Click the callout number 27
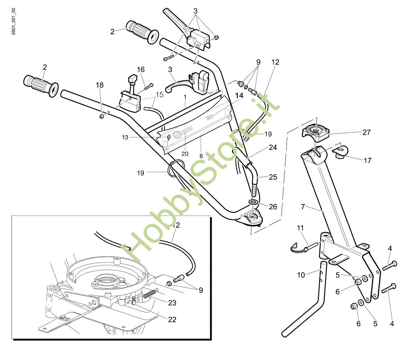click(366, 132)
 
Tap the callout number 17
click(368, 160)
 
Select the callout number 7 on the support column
click(303, 206)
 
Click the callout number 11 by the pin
click(300, 228)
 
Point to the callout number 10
click(301, 275)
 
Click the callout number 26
click(273, 207)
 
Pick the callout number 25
click(273, 177)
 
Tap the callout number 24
click(273, 147)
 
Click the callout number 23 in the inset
click(172, 303)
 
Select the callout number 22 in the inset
click(172, 319)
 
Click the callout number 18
click(100, 85)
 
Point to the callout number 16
click(141, 69)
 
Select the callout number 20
click(185, 154)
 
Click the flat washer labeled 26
click(253, 201)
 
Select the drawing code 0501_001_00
click(13, 21)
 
